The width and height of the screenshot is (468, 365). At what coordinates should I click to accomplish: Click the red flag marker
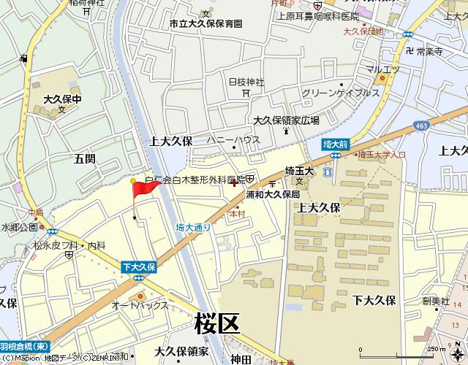(145, 188)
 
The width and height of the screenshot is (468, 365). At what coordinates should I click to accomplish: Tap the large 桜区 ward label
(217, 321)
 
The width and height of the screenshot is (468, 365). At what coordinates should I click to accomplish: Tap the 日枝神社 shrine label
(246, 82)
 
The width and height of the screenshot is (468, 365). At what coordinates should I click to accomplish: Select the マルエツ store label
(382, 69)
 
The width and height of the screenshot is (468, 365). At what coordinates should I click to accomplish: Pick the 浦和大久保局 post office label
(273, 195)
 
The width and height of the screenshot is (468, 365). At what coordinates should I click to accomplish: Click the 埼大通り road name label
(194, 228)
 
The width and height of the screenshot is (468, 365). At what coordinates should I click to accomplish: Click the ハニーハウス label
(233, 139)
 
